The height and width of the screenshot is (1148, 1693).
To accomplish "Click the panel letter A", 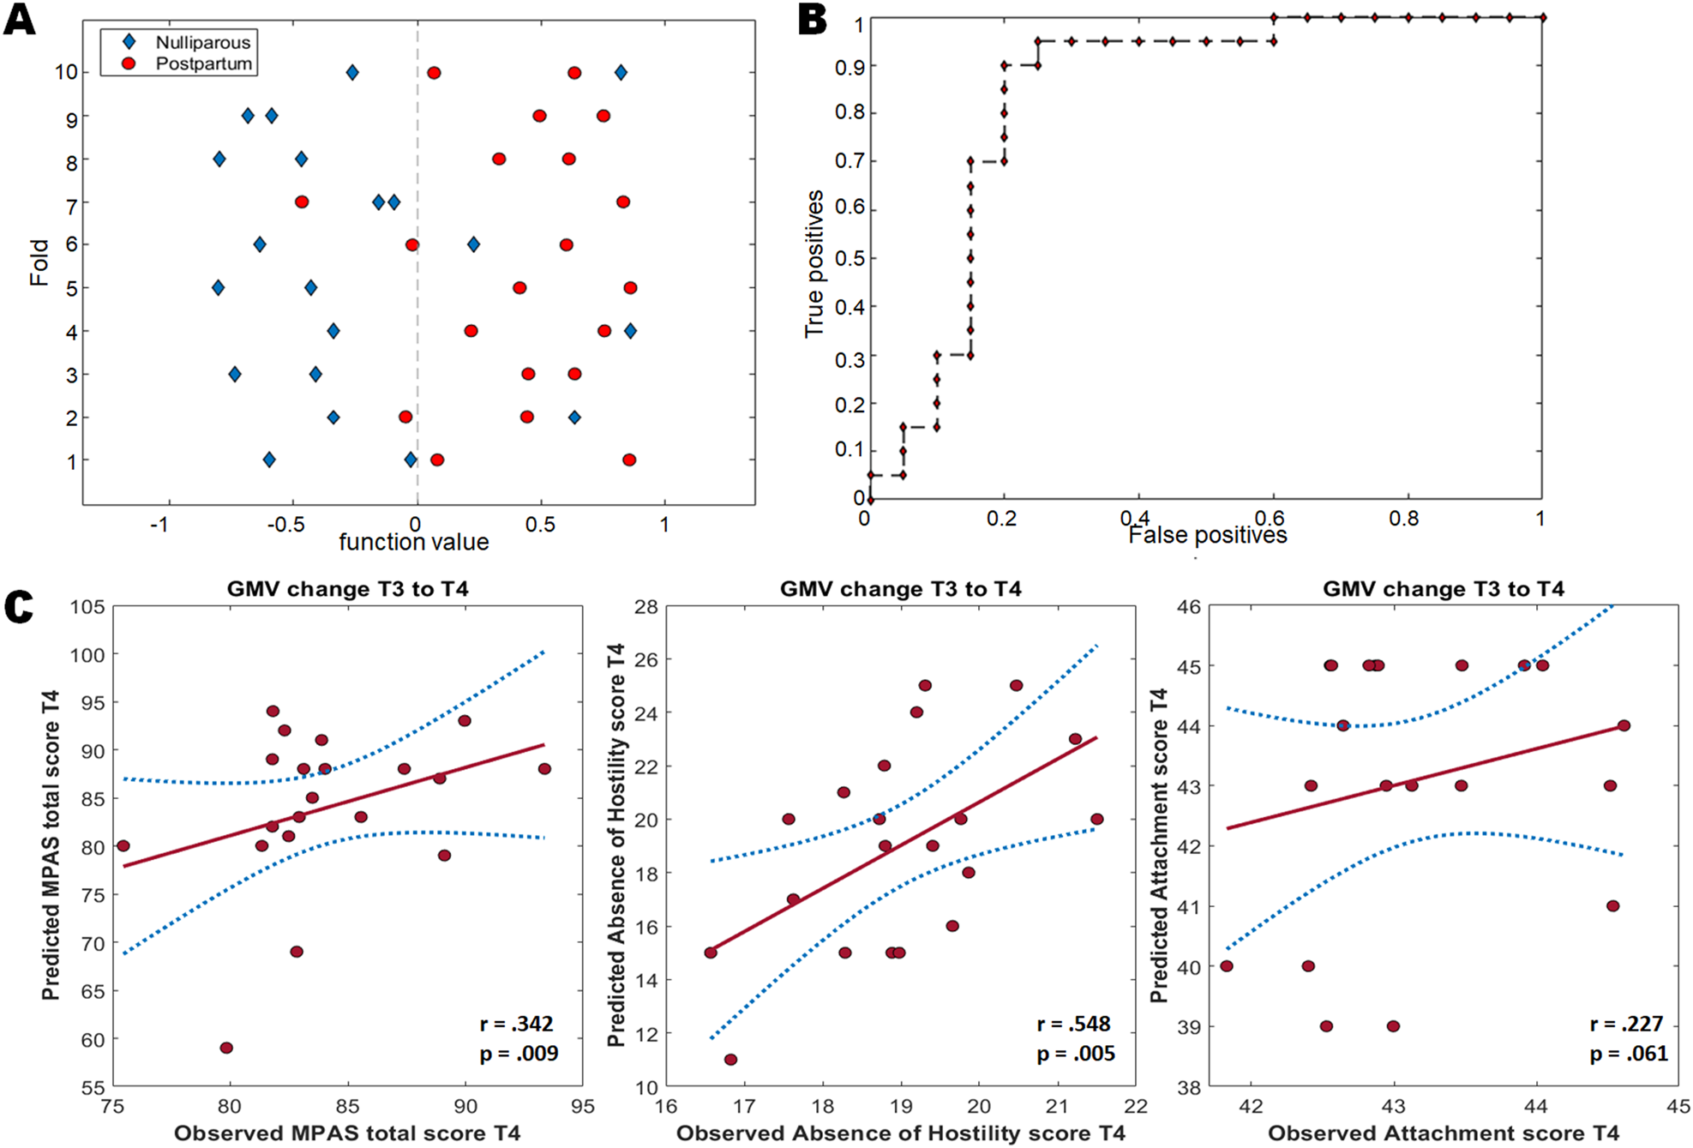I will point(20,19).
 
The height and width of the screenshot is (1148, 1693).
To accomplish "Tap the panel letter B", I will point(812,19).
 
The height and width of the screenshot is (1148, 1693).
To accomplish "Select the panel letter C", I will point(18,607).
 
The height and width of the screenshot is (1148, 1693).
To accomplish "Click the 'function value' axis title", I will point(413,542).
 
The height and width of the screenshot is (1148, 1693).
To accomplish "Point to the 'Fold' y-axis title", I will point(39,262).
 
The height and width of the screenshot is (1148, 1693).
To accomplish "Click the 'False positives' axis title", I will point(1207,535).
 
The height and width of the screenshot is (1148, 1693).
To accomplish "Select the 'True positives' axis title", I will point(813,263).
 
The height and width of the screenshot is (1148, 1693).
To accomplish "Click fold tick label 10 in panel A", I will point(66,72).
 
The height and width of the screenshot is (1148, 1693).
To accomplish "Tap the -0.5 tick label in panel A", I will point(285,524).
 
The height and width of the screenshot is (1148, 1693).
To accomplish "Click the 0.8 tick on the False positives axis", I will point(1404,518).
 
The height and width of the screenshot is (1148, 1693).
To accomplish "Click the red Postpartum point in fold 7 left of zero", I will point(302,202).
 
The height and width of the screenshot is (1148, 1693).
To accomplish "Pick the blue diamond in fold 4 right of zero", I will point(630,331).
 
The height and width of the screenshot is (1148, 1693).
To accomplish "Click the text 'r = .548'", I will point(1073,1024).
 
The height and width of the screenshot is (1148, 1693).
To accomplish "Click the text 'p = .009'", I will point(519,1054).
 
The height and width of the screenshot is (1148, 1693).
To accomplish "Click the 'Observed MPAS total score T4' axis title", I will point(347,1133).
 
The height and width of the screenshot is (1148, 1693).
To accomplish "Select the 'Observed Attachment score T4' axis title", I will point(1444,1133).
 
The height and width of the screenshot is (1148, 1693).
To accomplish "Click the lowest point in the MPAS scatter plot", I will point(226,1048).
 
